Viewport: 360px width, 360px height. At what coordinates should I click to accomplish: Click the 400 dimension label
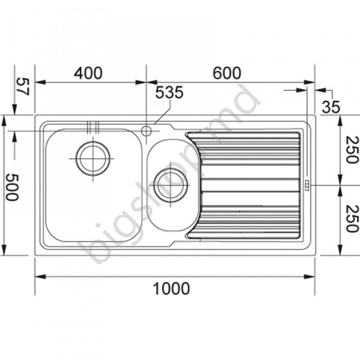[x=88, y=72]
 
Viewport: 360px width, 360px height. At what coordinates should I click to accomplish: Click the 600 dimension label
[x=227, y=72]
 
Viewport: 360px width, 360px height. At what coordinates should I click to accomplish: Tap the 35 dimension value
[x=331, y=107]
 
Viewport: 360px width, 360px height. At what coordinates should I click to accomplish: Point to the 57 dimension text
[x=22, y=86]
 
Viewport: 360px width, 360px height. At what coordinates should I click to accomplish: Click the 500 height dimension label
[x=12, y=187]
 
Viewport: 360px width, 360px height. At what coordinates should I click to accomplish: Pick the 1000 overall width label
[x=171, y=288]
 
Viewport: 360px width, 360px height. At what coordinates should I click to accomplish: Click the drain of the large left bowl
[x=93, y=158]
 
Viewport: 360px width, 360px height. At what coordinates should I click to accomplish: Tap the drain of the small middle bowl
[x=171, y=185]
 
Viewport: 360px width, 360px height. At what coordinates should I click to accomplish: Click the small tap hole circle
[x=146, y=131]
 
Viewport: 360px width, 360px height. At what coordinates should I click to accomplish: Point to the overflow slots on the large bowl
[x=92, y=127]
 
